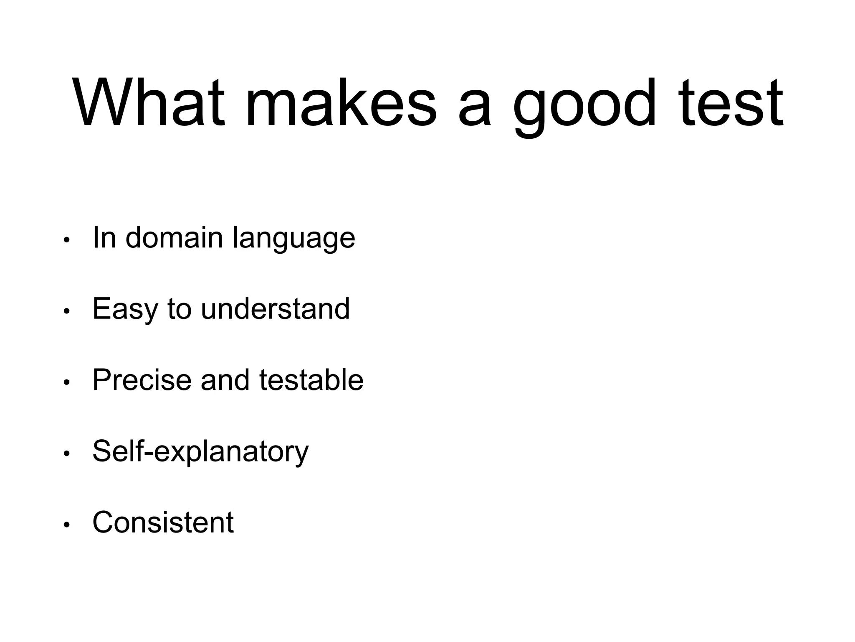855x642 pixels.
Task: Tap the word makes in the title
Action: pyautogui.click(x=341, y=103)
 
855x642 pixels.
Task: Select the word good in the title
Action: pyautogui.click(x=584, y=104)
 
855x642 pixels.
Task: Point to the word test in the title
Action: pyautogui.click(x=731, y=103)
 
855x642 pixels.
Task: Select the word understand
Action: pyautogui.click(x=275, y=309)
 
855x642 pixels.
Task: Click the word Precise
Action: pyautogui.click(x=142, y=380)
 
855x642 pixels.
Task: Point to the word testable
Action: pyautogui.click(x=311, y=380)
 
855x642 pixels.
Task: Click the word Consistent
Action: pyautogui.click(x=163, y=522)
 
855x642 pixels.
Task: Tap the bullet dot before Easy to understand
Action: pyautogui.click(x=66, y=311)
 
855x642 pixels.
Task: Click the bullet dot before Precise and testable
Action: pyautogui.click(x=66, y=383)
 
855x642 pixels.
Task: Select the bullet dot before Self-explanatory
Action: pyautogui.click(x=66, y=454)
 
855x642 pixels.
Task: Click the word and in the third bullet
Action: pyautogui.click(x=225, y=380)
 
